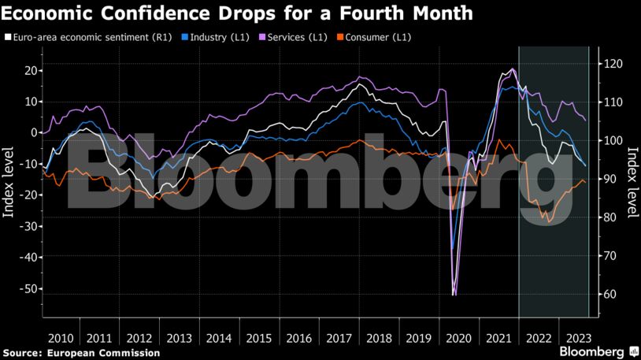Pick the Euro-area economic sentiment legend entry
87,37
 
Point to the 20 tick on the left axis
30,70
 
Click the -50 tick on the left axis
28,288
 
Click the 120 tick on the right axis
613,64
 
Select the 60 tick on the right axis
610,295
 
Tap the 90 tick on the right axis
610,180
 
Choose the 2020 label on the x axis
458,337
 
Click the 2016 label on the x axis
298,337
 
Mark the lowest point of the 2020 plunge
454,295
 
